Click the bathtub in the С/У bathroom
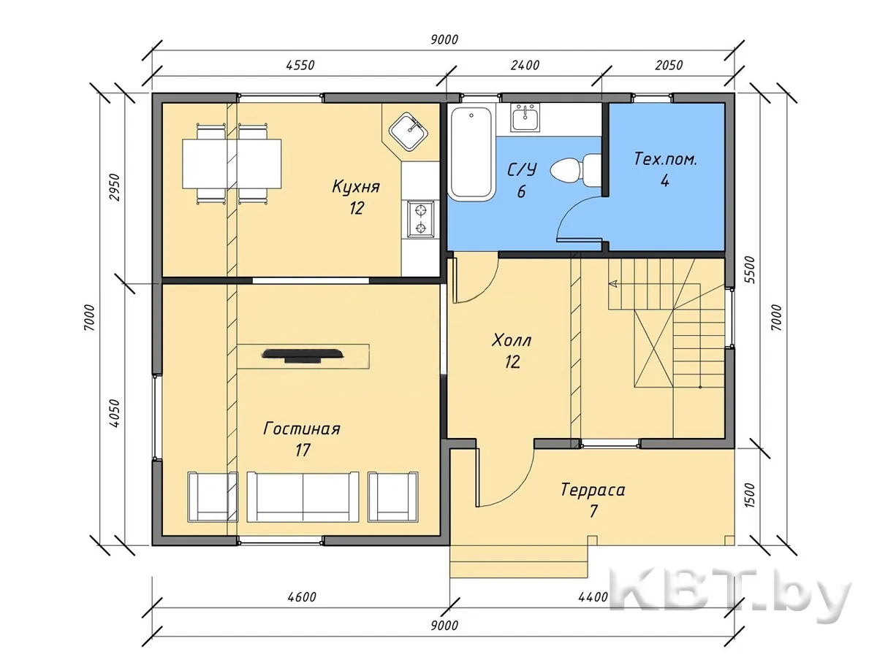(471, 153)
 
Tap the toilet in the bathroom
(575, 170)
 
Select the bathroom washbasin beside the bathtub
(525, 118)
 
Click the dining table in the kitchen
(232, 164)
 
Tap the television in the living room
(303, 356)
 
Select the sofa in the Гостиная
(303, 496)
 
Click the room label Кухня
(356, 187)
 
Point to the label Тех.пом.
(665, 160)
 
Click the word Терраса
(593, 490)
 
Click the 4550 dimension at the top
(300, 65)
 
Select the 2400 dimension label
(525, 65)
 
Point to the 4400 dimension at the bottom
(593, 597)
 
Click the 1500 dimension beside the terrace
(751, 495)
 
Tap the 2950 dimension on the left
(115, 187)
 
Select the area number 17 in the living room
(303, 450)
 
